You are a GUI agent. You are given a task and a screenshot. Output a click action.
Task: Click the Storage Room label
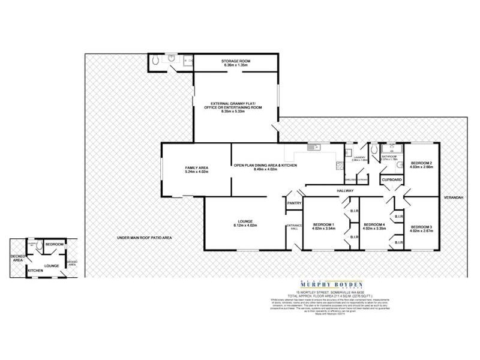pyautogui.click(x=236, y=61)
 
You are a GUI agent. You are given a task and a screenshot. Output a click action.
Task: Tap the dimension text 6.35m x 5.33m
pyautogui.click(x=236, y=112)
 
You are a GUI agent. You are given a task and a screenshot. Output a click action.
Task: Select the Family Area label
pyautogui.click(x=196, y=167)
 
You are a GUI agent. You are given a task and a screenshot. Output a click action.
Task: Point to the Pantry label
pyautogui.click(x=294, y=203)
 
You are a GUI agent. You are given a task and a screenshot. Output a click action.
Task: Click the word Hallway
pyautogui.click(x=344, y=191)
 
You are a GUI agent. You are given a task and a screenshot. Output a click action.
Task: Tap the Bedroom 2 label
pyautogui.click(x=421, y=163)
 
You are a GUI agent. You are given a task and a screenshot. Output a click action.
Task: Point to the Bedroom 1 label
pyautogui.click(x=323, y=224)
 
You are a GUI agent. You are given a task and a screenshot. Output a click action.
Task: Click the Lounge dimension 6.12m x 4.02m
pyautogui.click(x=245, y=226)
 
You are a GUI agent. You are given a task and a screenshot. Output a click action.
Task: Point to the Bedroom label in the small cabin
pyautogui.click(x=55, y=245)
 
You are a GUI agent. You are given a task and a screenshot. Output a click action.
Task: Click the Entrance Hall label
pyautogui.click(x=294, y=227)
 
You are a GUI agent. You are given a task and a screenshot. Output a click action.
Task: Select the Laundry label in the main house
pyautogui.click(x=360, y=158)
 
